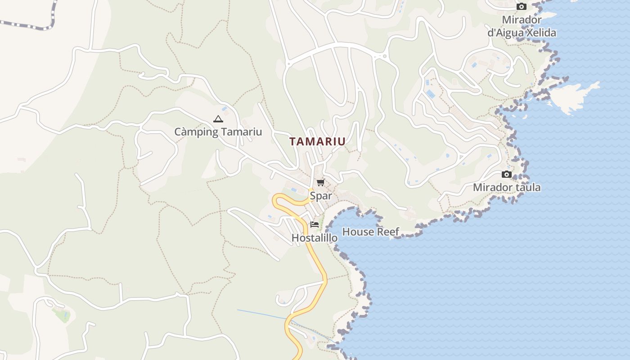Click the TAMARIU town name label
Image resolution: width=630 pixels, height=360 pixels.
(317, 141)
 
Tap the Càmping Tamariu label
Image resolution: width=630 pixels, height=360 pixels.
(218, 132)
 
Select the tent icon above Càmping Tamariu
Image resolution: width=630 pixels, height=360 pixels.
(218, 119)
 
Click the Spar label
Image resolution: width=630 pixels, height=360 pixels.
(321, 196)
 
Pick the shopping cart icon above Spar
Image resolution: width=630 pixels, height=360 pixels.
(320, 182)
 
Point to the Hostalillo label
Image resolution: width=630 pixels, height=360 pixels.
(315, 238)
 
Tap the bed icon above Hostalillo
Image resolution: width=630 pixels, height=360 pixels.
(315, 224)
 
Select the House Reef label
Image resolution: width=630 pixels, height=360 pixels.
(371, 232)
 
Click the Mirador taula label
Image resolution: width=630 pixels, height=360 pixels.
(507, 187)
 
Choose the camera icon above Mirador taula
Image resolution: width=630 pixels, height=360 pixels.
(507, 174)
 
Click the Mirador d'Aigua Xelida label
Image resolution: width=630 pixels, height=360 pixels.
(522, 26)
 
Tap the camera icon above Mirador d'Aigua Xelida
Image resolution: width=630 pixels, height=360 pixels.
(522, 6)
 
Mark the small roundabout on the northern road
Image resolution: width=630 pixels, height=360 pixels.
(384, 56)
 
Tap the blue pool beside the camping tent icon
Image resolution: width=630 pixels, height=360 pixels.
(224, 109)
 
